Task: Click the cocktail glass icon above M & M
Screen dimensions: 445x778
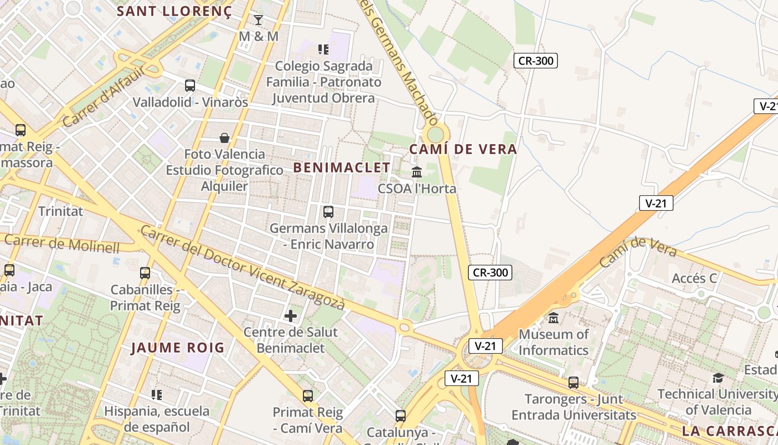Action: click(x=258, y=20)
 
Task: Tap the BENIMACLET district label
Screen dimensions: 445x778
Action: click(x=342, y=167)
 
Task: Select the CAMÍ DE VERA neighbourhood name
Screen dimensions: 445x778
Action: click(x=463, y=149)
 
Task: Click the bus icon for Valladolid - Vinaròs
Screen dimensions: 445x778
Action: click(x=190, y=86)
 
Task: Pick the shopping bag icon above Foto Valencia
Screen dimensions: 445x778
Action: click(x=225, y=137)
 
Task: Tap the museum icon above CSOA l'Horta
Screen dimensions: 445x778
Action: click(x=417, y=172)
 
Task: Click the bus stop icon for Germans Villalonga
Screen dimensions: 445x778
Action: click(x=328, y=212)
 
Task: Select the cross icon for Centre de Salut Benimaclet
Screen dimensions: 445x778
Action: click(x=290, y=316)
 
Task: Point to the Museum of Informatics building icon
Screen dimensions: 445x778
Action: click(x=553, y=318)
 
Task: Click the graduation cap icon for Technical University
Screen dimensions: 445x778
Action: click(x=718, y=378)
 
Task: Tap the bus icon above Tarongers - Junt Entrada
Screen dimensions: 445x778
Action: click(x=573, y=383)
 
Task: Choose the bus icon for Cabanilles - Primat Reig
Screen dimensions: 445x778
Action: click(x=145, y=273)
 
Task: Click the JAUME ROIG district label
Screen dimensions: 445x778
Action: click(x=177, y=348)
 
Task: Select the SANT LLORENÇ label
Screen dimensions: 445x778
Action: click(x=174, y=11)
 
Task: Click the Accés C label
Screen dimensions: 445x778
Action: click(x=695, y=278)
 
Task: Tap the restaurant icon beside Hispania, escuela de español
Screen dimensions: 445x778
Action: click(x=157, y=395)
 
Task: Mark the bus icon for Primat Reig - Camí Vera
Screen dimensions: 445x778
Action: click(x=308, y=396)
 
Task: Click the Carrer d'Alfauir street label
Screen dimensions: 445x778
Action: click(x=104, y=96)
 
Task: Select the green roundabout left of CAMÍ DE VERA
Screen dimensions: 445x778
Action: click(x=436, y=134)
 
